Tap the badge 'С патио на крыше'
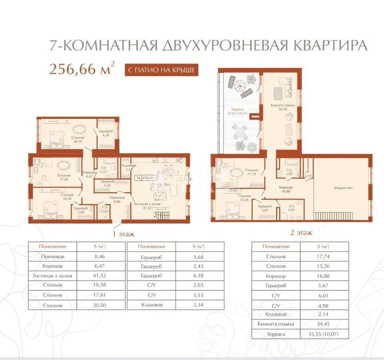pos(161,70)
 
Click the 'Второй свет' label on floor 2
pos(343,187)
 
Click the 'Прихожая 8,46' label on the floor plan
pos(117,200)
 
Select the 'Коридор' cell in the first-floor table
pos(52,266)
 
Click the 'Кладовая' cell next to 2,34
pos(152,305)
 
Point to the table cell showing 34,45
pos(323,324)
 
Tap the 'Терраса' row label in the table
pos(276,334)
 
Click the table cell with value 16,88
pos(323,276)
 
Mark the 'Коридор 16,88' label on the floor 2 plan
pos(285,189)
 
